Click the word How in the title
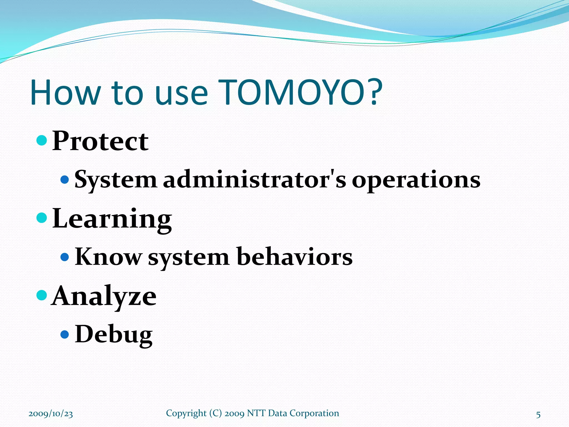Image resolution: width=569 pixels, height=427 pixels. [x=65, y=93]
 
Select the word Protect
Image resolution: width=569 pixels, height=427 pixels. [x=100, y=141]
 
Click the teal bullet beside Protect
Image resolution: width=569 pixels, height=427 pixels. [x=42, y=140]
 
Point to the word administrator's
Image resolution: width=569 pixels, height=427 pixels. [x=254, y=180]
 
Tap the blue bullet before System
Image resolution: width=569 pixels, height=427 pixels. [x=64, y=179]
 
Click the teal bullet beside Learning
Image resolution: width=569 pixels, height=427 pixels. [x=42, y=218]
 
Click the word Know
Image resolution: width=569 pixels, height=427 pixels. [x=108, y=257]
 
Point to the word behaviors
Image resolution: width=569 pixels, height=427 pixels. [x=294, y=257]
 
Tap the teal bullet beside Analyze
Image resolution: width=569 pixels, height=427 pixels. [x=42, y=295]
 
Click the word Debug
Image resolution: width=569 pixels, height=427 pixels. [x=114, y=334]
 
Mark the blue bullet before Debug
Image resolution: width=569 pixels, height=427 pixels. [x=64, y=334]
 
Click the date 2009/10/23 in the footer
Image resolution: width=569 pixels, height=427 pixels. [x=51, y=414]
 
